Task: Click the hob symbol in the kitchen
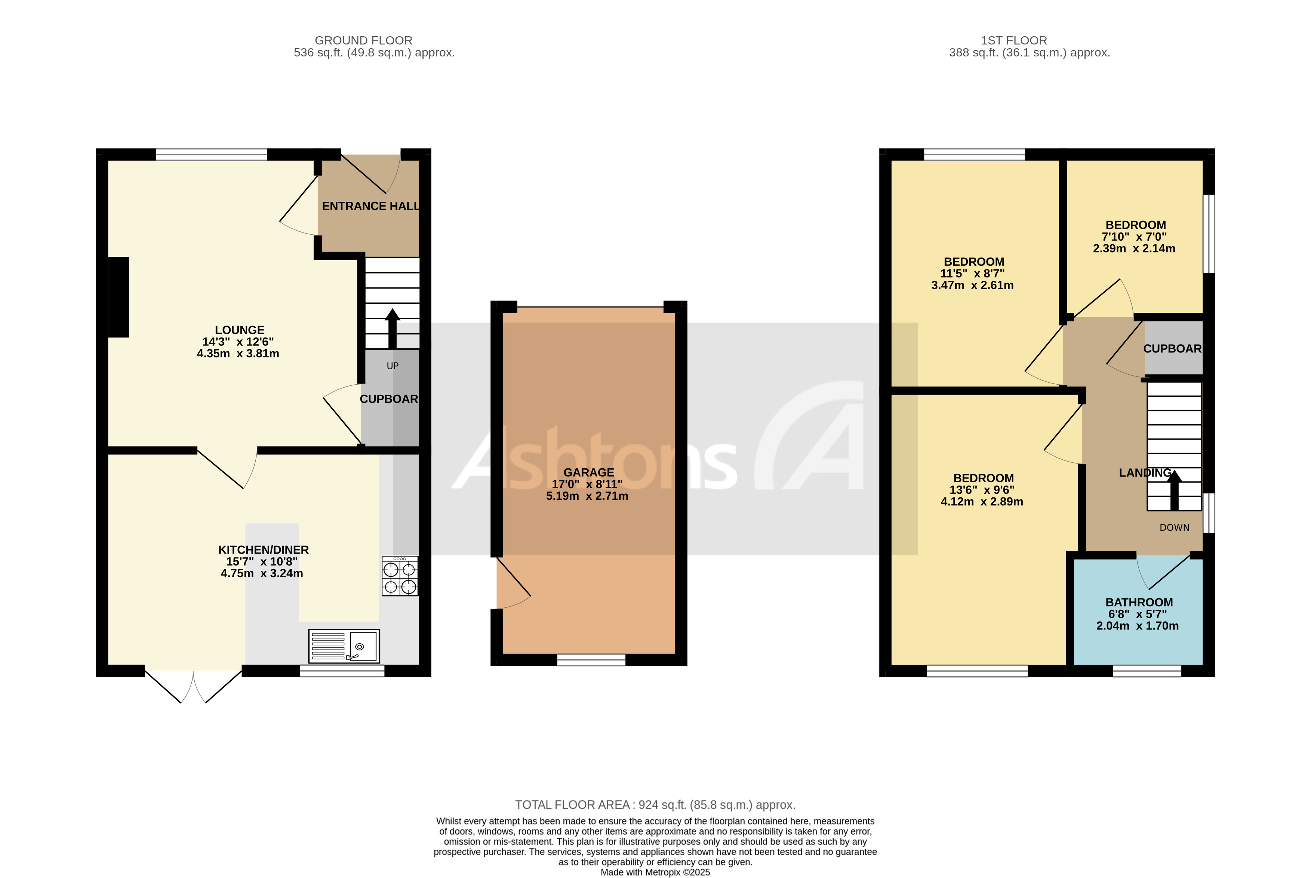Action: [400, 576]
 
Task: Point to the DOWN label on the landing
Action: [1174, 527]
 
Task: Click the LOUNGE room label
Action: [240, 330]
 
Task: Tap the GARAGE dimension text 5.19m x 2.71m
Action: [587, 496]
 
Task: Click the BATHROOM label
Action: [1139, 603]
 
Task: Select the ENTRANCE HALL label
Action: [370, 206]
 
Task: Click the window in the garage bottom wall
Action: [591, 660]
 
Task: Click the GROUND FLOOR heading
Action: [363, 40]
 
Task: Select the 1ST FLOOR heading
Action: [1014, 40]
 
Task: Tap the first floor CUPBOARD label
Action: [1172, 349]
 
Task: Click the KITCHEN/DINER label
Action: [263, 550]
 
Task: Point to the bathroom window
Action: [1147, 671]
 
